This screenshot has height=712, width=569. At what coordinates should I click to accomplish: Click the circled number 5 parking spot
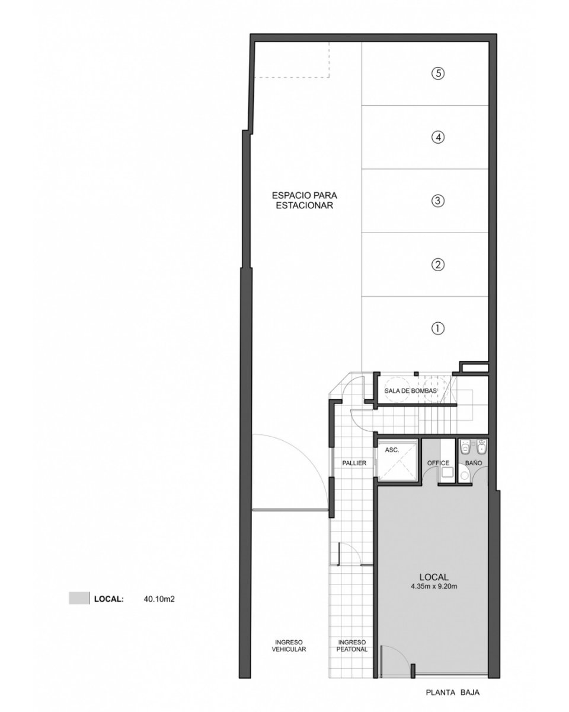coord(438,73)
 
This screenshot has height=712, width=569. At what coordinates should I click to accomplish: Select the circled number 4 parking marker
coord(438,137)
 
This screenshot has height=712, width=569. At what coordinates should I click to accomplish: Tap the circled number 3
coord(438,201)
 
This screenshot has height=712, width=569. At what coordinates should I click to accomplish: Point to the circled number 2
coord(438,265)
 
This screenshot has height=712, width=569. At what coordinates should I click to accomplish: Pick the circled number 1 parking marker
coord(438,328)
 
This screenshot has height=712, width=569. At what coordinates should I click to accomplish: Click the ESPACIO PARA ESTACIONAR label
coord(304,200)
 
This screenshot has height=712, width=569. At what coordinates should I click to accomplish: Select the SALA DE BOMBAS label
coord(410,391)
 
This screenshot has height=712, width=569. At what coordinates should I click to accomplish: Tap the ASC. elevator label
coord(392,450)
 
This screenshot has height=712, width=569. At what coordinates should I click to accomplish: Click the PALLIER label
coord(354,463)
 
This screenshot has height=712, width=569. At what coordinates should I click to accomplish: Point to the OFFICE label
coord(438,463)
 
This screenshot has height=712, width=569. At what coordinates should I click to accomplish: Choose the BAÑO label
coord(474,463)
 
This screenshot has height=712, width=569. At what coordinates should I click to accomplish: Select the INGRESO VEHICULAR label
coord(289,645)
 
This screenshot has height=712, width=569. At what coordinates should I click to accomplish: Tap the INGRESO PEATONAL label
coord(352,645)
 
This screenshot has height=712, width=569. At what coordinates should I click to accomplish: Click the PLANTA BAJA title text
coord(452,692)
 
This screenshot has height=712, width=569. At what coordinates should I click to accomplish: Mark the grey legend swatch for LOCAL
coord(79,598)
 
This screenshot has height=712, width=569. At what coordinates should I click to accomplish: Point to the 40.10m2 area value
coord(159,599)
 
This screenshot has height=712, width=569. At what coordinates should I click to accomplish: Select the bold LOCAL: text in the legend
coord(109,599)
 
